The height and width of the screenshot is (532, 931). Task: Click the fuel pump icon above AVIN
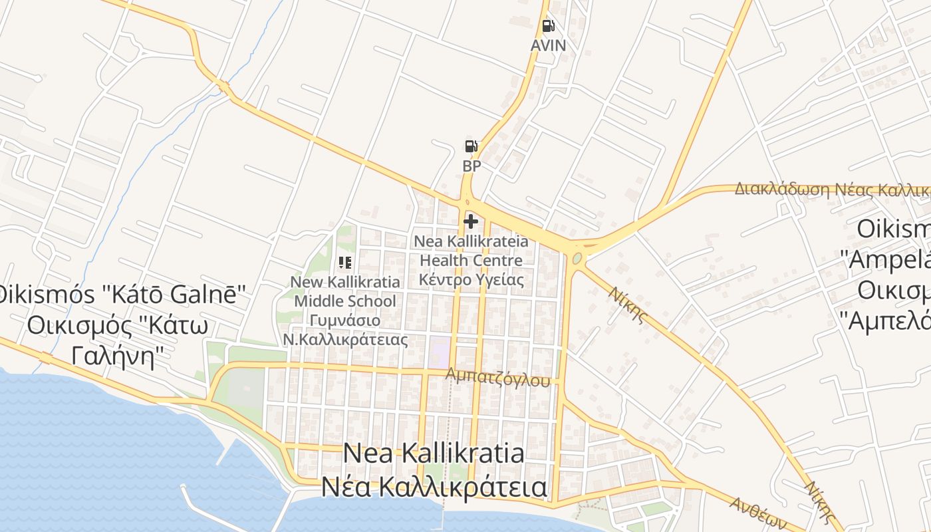548,27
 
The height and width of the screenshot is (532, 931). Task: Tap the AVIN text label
548,45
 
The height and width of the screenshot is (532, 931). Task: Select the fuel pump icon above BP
471,146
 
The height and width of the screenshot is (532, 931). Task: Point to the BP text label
471,166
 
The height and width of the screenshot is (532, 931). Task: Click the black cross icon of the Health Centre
471,221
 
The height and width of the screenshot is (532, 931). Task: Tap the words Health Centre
471,260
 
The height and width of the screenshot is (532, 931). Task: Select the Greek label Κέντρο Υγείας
471,279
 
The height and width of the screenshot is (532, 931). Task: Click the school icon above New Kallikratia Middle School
345,263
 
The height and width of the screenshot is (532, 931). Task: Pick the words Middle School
344,301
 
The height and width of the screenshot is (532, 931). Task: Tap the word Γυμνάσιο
344,321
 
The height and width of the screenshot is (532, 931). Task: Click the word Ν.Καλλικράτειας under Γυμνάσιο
344,340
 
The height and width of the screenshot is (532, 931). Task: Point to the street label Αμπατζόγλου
499,377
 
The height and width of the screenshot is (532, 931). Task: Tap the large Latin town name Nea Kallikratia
434,454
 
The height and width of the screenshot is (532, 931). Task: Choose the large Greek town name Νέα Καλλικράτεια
434,487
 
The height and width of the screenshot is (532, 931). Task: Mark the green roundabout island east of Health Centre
577,258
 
